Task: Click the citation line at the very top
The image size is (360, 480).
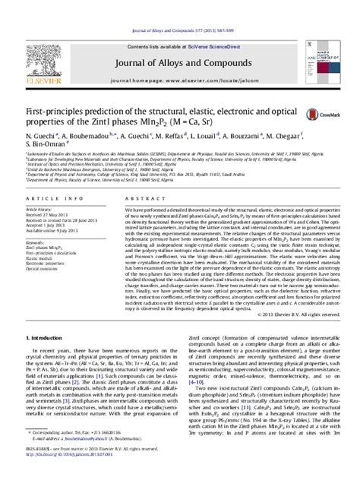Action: [180, 7]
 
